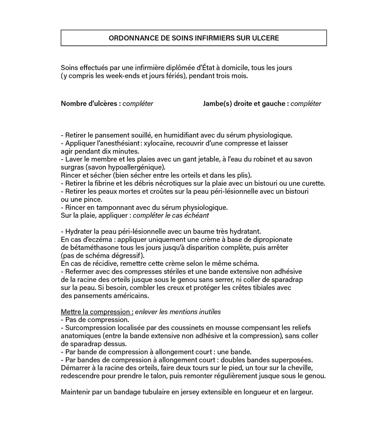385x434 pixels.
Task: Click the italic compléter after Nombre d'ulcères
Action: pyautogui.click(x=138, y=104)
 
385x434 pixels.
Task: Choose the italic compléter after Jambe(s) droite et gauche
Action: pyautogui.click(x=306, y=104)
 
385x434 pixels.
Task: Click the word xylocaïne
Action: pyautogui.click(x=158, y=143)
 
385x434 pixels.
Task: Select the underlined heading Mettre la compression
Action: pyautogui.click(x=97, y=312)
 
